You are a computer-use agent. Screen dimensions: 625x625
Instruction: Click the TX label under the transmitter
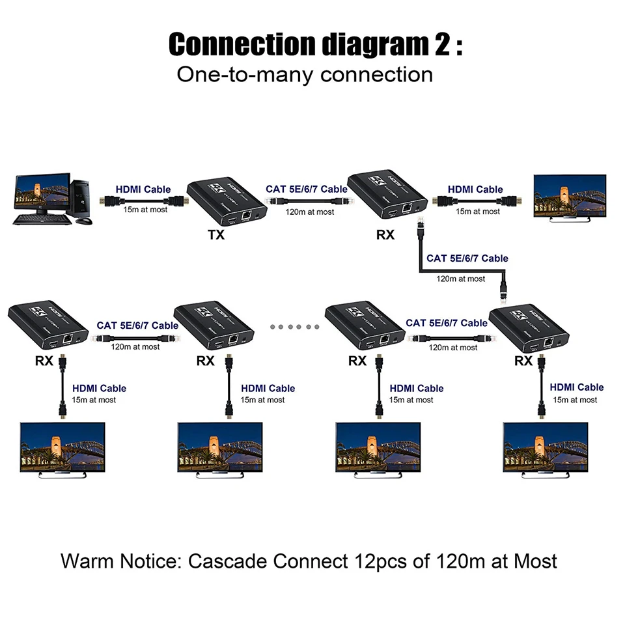click(x=217, y=235)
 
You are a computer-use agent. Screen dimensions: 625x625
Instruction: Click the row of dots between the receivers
click(x=294, y=327)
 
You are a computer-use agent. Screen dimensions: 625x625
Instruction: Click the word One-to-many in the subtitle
click(x=237, y=74)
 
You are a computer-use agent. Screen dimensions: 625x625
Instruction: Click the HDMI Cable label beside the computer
click(x=143, y=189)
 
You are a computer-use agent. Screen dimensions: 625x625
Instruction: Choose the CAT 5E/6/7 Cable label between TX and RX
click(x=307, y=189)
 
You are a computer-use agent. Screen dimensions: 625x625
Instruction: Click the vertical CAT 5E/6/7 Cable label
click(x=467, y=258)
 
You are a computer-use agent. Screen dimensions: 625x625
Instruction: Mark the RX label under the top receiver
click(x=385, y=235)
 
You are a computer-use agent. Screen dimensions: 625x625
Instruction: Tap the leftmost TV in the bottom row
click(x=62, y=449)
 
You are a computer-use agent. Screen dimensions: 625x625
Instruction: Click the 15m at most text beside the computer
click(x=145, y=210)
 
